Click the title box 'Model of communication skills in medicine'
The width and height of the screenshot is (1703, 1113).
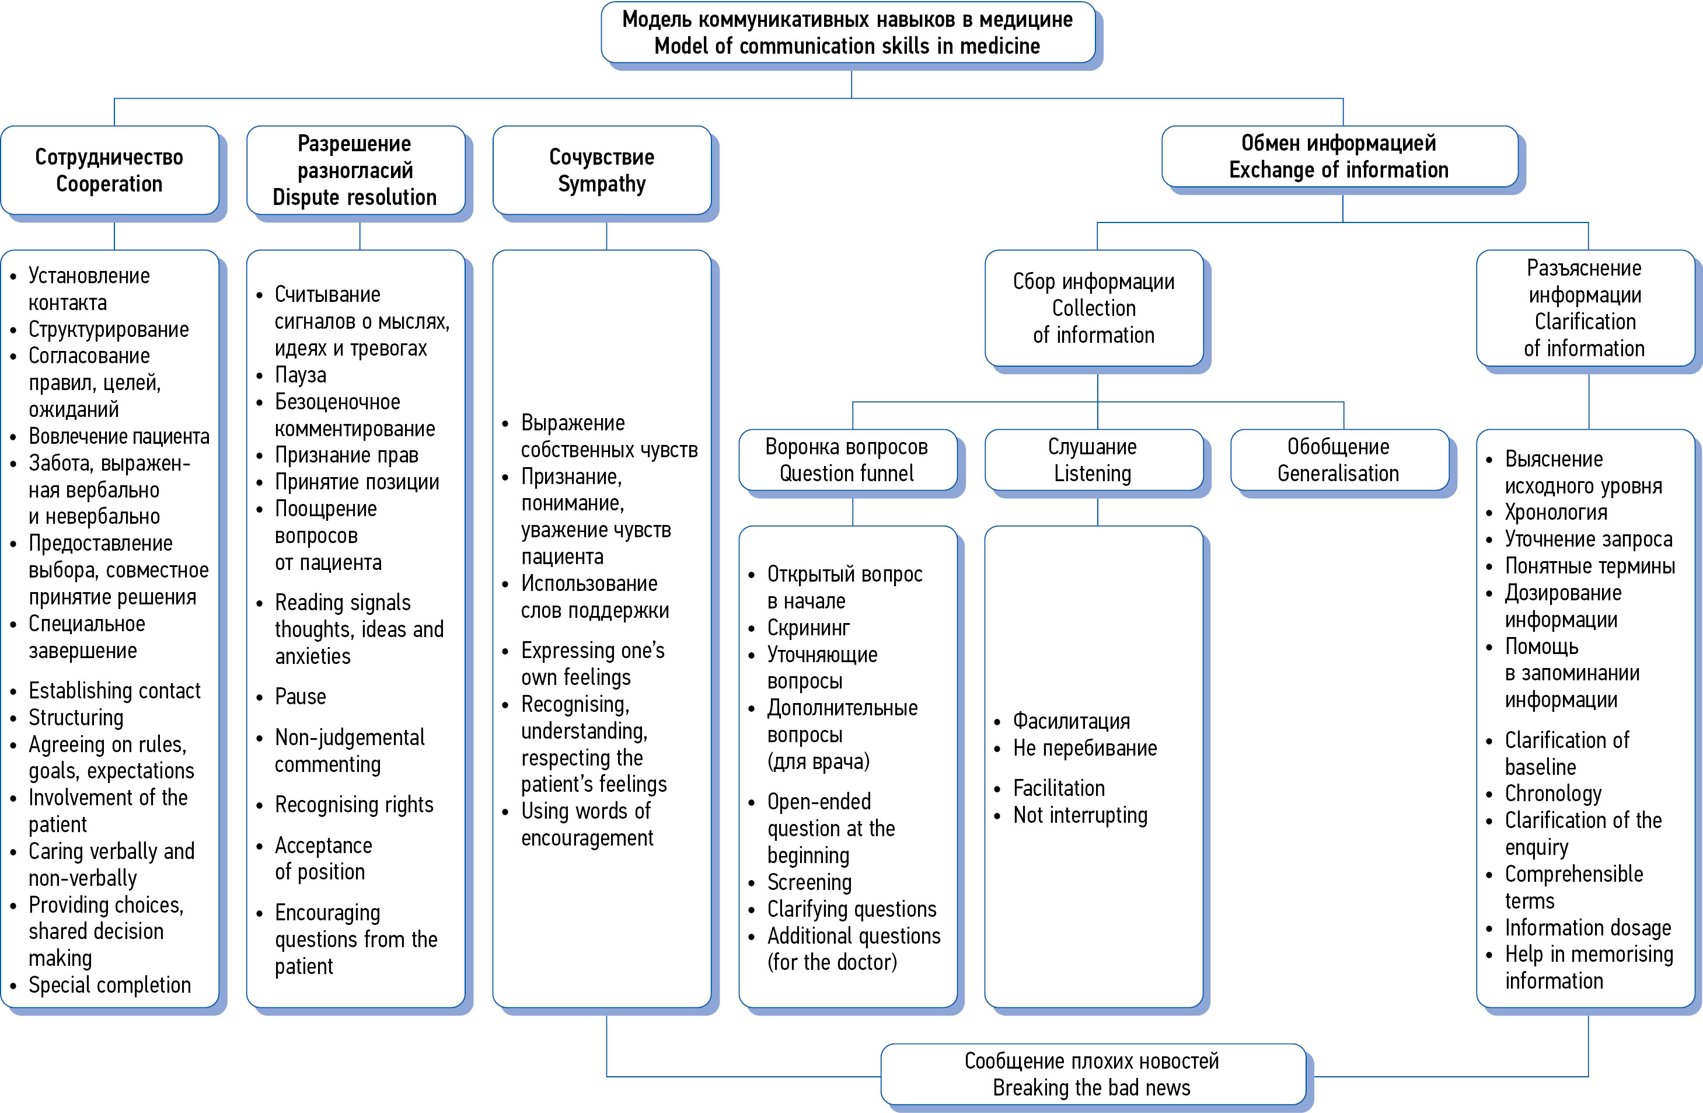847,33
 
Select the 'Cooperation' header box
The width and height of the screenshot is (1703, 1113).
110,171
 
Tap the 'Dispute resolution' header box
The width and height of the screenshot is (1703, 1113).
355,171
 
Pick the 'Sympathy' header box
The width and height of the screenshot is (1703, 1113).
601,171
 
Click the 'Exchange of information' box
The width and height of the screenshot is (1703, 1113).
1339,156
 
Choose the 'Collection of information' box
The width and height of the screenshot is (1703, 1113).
1093,308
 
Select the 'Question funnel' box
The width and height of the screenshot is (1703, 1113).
847,460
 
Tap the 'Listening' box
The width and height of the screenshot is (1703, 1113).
1093,460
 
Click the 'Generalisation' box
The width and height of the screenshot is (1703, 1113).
1339,460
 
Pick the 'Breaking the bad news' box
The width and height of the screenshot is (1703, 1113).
1092,1074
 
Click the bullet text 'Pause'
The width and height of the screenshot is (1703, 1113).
301,697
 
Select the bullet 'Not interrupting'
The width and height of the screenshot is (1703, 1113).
1080,815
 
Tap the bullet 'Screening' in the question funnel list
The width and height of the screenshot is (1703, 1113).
809,882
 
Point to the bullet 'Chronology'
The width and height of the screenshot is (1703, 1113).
1553,793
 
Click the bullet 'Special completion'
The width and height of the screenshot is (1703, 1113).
110,985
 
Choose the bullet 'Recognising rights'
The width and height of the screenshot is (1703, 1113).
354,805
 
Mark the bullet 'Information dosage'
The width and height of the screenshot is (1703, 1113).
1588,928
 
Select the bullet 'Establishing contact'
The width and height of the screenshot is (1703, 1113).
114,691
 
